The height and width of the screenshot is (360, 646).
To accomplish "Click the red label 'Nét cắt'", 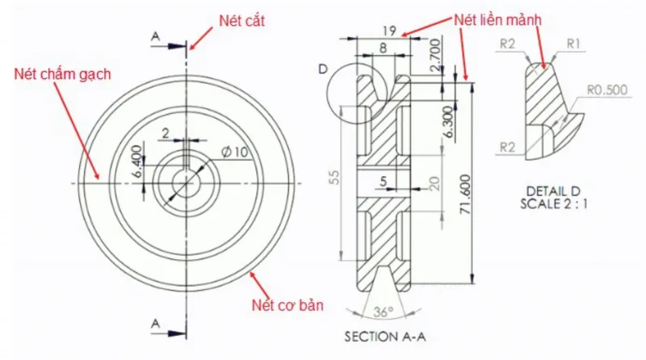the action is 241,21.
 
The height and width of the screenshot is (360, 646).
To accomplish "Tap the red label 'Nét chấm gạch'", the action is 63,74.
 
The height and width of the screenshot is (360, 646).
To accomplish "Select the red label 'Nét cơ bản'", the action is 287,305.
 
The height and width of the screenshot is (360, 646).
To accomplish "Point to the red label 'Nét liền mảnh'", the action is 497,19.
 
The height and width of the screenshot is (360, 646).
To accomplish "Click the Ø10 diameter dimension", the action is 235,152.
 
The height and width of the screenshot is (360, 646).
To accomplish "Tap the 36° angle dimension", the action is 383,312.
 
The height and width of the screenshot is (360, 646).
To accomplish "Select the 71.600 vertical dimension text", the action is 465,194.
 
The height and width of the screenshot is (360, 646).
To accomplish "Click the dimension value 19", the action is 389,31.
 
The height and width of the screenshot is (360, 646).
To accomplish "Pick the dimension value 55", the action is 335,177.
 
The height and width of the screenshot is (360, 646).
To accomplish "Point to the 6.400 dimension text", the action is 137,161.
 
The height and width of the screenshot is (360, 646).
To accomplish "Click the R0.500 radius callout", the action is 607,90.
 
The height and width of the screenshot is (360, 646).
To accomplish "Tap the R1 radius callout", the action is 573,44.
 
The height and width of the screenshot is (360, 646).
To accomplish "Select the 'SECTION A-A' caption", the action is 385,337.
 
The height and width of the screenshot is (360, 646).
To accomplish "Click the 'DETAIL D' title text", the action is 553,191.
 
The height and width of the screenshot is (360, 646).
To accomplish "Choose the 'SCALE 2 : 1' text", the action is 553,204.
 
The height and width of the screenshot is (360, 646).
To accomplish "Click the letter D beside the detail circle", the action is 324,69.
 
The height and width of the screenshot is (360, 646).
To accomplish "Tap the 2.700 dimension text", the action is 435,55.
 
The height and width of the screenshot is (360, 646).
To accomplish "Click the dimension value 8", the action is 383,48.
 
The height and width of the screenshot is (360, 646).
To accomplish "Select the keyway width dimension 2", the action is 166,133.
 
